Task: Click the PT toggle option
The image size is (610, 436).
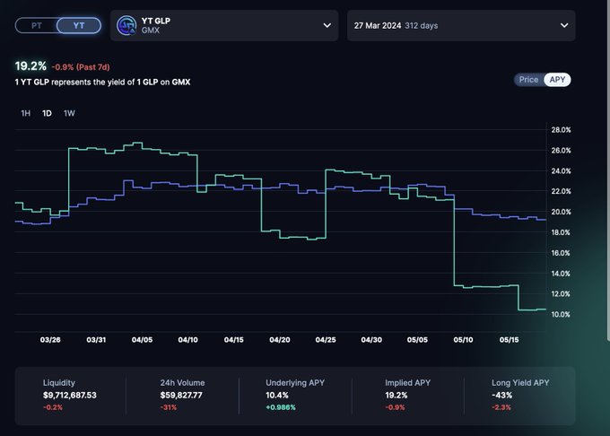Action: click(x=37, y=26)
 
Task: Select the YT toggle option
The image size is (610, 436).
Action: click(x=79, y=26)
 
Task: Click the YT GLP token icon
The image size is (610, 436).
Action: click(x=126, y=26)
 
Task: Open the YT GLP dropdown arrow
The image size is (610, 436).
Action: click(x=327, y=26)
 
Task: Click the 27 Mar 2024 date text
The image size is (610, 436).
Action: click(x=378, y=26)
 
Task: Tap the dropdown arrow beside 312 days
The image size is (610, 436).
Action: click(x=564, y=26)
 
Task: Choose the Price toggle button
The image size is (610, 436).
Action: click(x=528, y=80)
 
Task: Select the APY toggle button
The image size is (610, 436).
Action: click(x=557, y=80)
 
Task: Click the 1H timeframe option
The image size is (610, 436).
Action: click(x=26, y=113)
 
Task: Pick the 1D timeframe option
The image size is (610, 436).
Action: click(x=47, y=113)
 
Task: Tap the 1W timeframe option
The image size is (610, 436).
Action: click(x=69, y=113)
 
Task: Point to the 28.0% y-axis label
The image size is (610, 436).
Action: click(x=561, y=130)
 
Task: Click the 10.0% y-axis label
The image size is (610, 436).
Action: click(x=561, y=314)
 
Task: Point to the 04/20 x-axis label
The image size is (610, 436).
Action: click(x=280, y=339)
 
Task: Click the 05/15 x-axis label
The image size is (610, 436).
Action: click(x=509, y=339)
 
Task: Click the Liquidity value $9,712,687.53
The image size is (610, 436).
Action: click(x=70, y=395)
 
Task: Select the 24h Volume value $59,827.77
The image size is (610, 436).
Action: click(x=181, y=395)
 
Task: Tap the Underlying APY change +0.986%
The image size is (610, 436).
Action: click(x=281, y=407)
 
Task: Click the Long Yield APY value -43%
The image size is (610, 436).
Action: click(x=501, y=395)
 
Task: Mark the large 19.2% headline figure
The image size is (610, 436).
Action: click(x=30, y=66)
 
